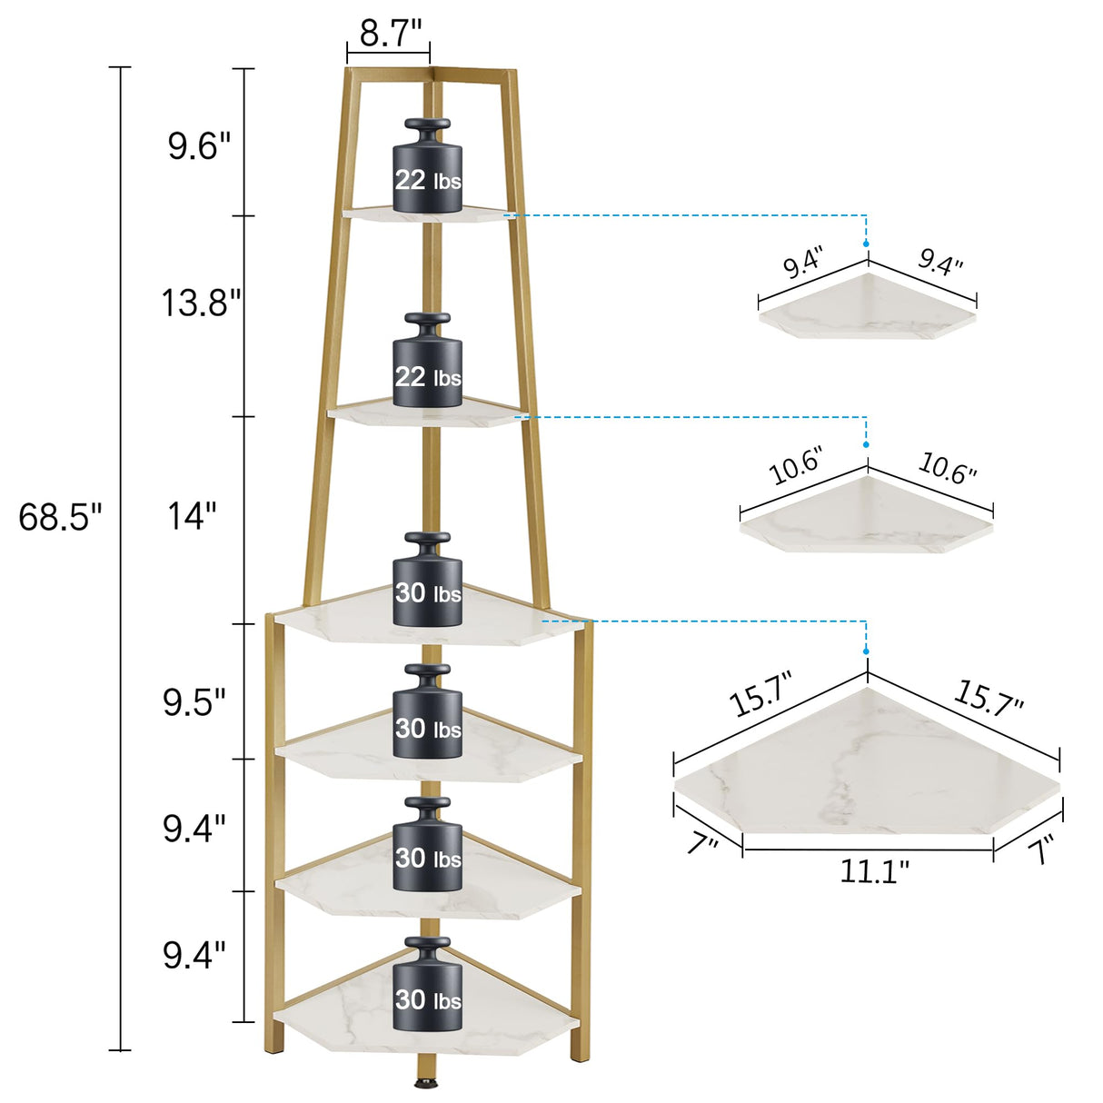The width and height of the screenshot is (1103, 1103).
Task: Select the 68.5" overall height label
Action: pos(60,518)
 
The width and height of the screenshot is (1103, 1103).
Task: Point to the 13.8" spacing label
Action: pos(201,303)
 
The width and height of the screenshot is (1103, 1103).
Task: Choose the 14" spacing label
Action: pos(192,517)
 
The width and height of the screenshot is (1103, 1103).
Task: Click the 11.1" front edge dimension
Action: pos(873,871)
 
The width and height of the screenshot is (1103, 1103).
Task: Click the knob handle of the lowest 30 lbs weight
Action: pos(428,944)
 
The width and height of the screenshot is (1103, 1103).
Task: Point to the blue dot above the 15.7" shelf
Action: pos(867,651)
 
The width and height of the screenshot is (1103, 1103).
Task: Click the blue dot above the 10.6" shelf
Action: pos(867,445)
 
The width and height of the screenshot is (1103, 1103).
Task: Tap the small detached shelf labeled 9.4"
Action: pos(867,309)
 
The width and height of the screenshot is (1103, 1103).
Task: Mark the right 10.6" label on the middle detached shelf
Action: pos(947,467)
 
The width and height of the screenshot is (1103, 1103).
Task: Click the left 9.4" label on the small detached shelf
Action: pos(803,263)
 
